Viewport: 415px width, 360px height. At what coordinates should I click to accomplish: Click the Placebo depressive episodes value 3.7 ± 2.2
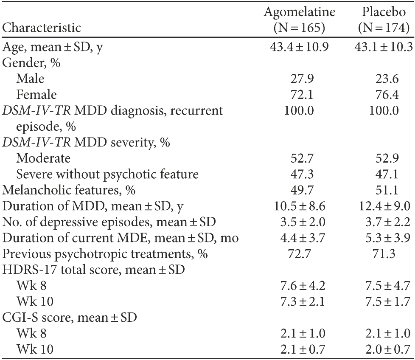click(383, 222)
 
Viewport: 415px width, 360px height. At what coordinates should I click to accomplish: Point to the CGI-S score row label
click(70, 319)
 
